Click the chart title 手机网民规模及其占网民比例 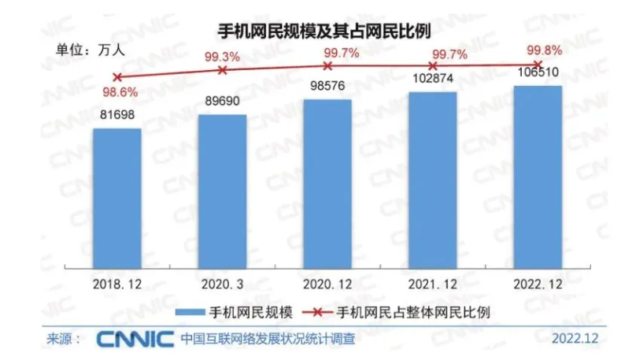coord(317,30)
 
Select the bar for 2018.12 coord(117,197)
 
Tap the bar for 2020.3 coord(222,190)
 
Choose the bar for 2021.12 coord(432,179)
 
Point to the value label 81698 coord(117,117)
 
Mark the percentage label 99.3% coord(222,56)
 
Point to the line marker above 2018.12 coord(117,77)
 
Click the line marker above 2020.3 coord(222,70)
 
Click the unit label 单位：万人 coord(90,46)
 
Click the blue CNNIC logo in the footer coord(135,340)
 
